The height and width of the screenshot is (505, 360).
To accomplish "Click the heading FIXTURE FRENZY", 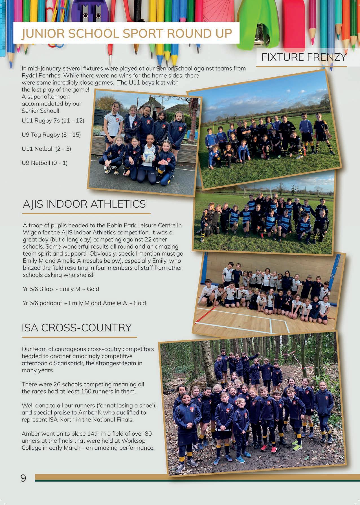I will point(304,57).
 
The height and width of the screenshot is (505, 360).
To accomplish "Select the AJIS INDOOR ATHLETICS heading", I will point(84,204).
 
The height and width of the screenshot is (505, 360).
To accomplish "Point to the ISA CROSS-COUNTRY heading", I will point(77,328).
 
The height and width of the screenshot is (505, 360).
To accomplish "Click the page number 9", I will point(23,478).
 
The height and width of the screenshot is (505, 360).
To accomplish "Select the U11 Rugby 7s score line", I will point(53,121).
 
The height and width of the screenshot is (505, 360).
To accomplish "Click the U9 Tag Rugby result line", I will point(51,135).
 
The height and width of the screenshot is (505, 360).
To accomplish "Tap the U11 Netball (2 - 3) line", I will point(46,149).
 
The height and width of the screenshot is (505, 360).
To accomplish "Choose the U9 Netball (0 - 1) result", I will point(45,163).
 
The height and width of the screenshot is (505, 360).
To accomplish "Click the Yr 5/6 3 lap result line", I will point(61,289).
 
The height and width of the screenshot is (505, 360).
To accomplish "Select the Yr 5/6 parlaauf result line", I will point(84,303).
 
